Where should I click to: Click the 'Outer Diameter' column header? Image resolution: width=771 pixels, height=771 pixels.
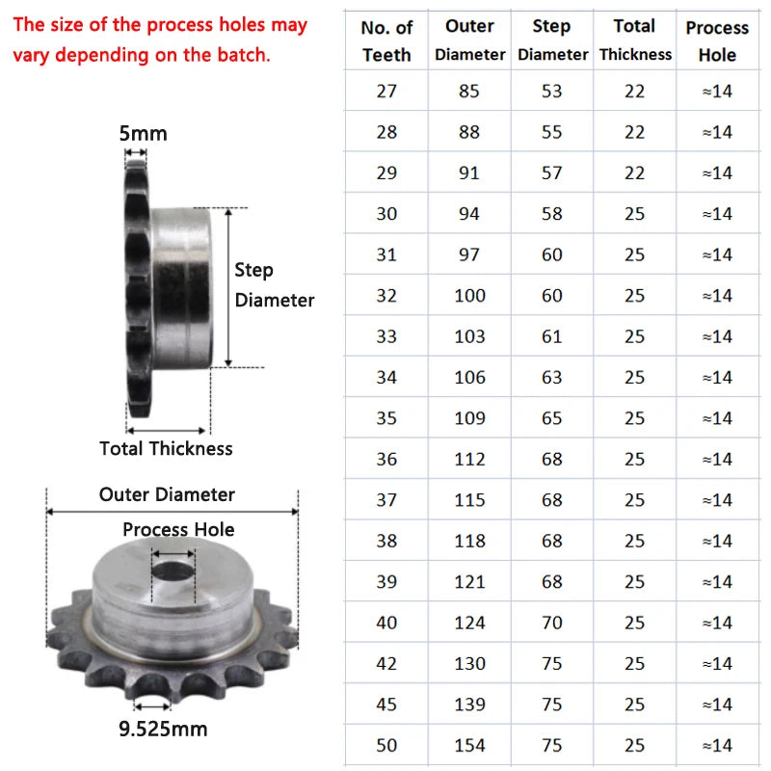[469, 40]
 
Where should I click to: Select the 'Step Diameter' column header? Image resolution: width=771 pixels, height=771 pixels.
[552, 40]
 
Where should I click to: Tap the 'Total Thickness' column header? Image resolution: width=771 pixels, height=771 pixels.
[635, 40]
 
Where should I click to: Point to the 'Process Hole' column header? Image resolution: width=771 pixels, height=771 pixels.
[717, 40]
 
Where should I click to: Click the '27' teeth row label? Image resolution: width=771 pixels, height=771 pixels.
[386, 91]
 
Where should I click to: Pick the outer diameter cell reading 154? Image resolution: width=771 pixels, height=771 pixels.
[469, 745]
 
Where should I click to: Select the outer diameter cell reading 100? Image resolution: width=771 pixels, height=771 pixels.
[469, 296]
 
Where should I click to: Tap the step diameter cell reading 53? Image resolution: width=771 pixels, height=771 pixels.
[551, 91]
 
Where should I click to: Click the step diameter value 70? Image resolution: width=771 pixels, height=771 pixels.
[551, 623]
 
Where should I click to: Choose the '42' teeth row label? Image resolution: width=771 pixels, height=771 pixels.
[386, 663]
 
